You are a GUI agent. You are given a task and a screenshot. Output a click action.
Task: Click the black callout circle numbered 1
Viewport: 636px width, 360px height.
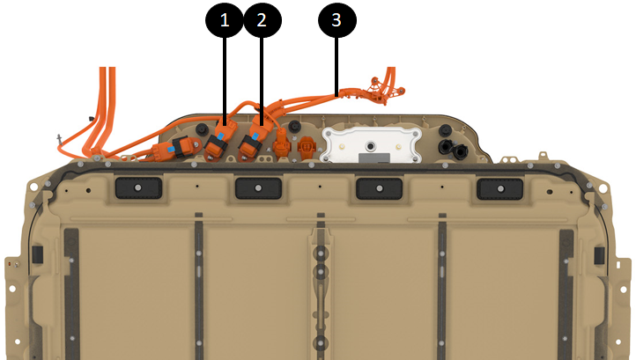pyautogui.click(x=225, y=19)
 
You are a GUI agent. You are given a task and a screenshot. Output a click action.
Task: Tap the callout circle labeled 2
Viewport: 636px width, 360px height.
pyautogui.click(x=262, y=19)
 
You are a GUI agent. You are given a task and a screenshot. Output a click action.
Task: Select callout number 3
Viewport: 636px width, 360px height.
pyautogui.click(x=336, y=19)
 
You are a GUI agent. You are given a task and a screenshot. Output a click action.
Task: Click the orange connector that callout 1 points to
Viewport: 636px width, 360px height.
pyautogui.click(x=220, y=139)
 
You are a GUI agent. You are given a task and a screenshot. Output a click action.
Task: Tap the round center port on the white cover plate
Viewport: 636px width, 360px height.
pyautogui.click(x=370, y=145)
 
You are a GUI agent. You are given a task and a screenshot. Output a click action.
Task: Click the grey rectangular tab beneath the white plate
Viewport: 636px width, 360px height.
pyautogui.click(x=374, y=158)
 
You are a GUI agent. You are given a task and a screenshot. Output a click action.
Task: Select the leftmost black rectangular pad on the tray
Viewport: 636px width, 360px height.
pyautogui.click(x=138, y=188)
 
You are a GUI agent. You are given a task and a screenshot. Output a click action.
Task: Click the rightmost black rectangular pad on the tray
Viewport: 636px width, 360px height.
pyautogui.click(x=500, y=189)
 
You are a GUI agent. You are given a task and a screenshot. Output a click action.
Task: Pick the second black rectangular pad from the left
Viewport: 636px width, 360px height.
pyautogui.click(x=258, y=188)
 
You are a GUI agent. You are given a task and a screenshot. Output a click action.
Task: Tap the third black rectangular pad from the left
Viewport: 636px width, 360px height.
pyautogui.click(x=380, y=188)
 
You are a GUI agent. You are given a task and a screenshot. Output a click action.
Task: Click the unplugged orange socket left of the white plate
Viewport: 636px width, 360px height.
pyautogui.click(x=306, y=146)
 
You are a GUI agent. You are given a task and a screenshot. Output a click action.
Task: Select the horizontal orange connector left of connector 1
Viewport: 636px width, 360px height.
pyautogui.click(x=176, y=149)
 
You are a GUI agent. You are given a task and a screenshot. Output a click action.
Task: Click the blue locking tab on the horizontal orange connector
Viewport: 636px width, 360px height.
pyautogui.click(x=171, y=149)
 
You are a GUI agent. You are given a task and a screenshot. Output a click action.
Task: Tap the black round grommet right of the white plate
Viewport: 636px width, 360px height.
pyautogui.click(x=446, y=130)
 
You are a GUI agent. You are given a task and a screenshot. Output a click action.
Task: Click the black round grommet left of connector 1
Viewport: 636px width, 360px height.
pyautogui.click(x=202, y=129)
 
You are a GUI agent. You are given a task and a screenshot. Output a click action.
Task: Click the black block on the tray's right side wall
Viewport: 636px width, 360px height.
pyautogui.click(x=599, y=255)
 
